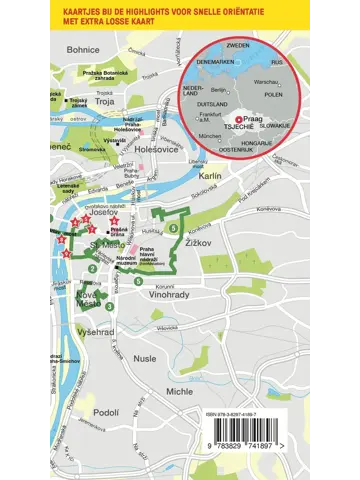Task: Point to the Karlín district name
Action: tap(210, 175)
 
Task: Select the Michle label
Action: tap(180, 392)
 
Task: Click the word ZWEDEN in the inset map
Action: tap(238, 46)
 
